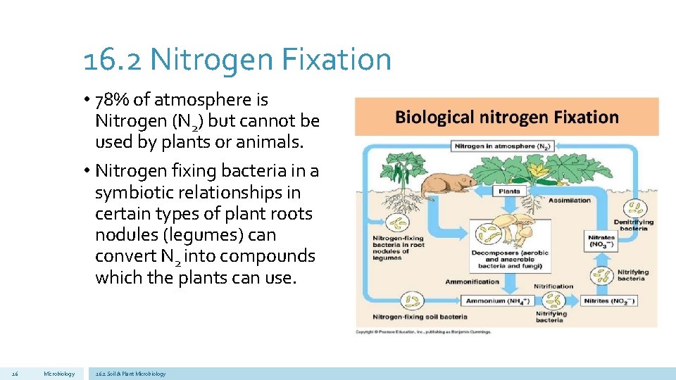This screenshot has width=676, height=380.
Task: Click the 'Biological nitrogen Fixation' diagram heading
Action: (507, 117)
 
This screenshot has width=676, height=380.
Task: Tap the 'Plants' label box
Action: (509, 191)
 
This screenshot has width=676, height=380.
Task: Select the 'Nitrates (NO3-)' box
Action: (601, 242)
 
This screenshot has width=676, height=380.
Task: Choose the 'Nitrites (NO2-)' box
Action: (610, 301)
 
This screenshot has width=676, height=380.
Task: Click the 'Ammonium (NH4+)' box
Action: (497, 301)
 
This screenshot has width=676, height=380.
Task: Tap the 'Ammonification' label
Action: (472, 282)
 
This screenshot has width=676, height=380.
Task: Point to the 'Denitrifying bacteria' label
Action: (634, 224)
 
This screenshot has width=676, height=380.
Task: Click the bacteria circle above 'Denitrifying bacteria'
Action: (633, 208)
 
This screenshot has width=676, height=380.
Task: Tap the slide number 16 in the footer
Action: (15, 374)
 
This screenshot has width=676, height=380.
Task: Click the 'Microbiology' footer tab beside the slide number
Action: (59, 374)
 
